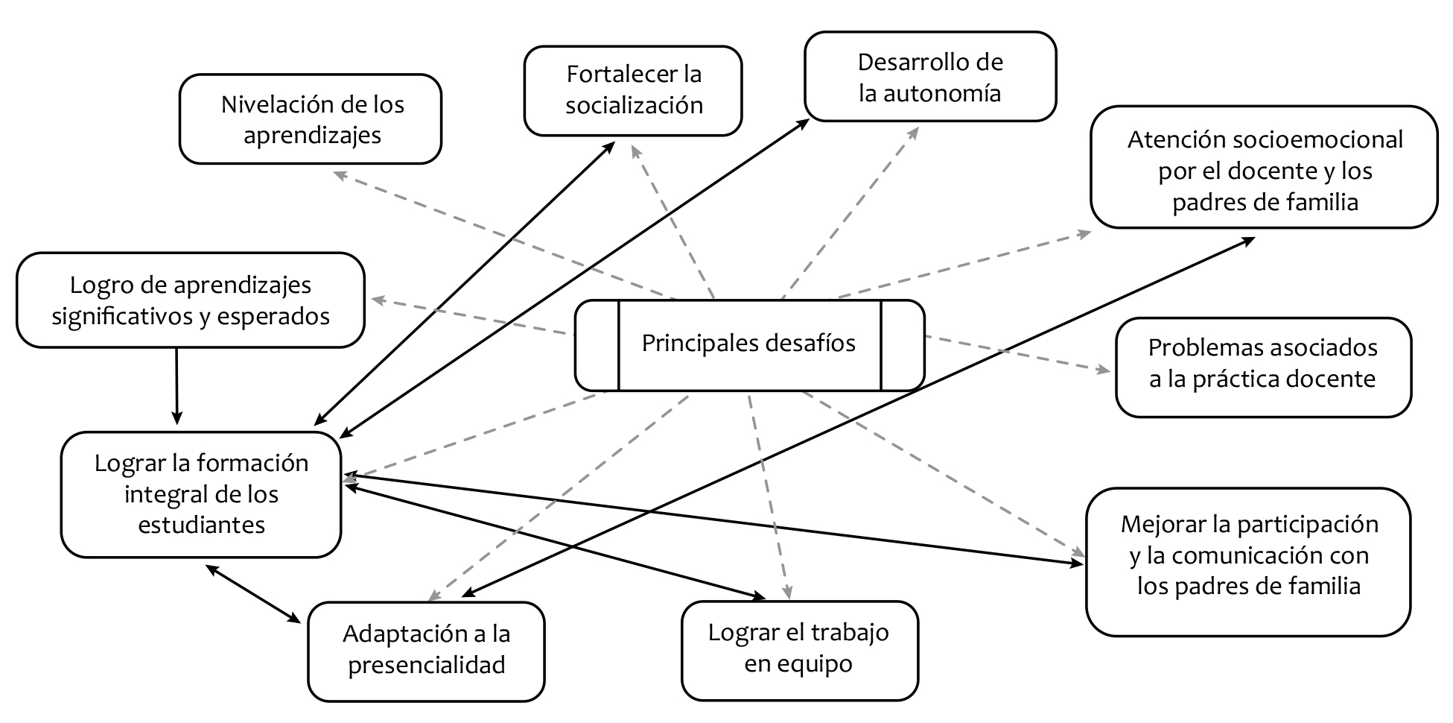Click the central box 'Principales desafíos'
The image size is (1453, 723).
pyautogui.click(x=748, y=344)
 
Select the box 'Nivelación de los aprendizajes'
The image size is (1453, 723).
pyautogui.click(x=311, y=119)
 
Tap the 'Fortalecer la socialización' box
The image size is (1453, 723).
pyautogui.click(x=633, y=90)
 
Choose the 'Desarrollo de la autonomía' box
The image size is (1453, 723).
pyautogui.click(x=929, y=77)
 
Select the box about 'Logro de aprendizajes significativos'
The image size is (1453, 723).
pyautogui.click(x=190, y=300)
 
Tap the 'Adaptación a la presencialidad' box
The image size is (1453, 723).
pyautogui.click(x=426, y=650)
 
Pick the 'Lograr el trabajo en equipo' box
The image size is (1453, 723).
pyautogui.click(x=799, y=649)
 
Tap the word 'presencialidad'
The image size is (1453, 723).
pyautogui.click(x=426, y=665)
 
